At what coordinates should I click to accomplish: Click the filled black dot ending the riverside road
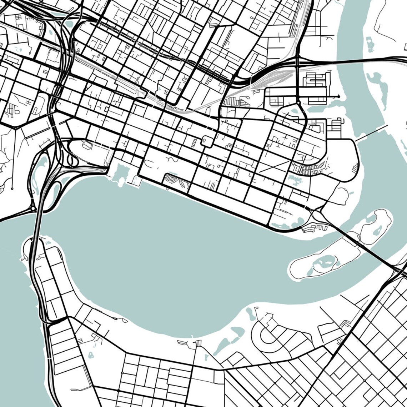tap(338, 96)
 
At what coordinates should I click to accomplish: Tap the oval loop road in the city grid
tap(206, 140)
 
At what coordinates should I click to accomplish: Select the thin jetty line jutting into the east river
tap(371, 133)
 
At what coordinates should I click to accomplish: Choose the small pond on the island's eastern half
tap(377, 230)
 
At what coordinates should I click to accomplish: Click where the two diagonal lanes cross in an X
tap(274, 167)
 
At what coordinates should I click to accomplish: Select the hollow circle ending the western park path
tap(12, 188)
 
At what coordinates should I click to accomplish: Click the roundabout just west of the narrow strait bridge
tap(33, 208)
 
